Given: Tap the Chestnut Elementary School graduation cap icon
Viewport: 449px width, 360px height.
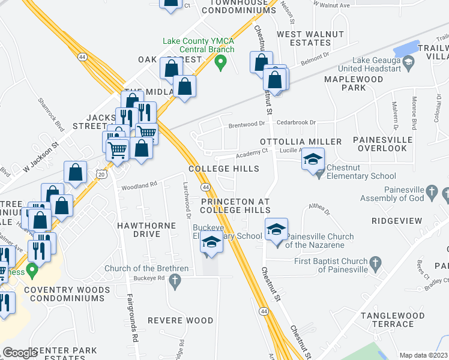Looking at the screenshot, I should [x=313, y=160].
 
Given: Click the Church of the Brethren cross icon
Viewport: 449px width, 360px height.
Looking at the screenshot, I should [x=175, y=280].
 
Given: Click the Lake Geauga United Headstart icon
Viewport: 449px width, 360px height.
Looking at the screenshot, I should [x=408, y=61].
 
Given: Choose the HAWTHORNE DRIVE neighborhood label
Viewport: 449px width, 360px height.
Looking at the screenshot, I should [x=147, y=230].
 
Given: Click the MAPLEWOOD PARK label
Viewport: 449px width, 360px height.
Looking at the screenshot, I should [x=345, y=83].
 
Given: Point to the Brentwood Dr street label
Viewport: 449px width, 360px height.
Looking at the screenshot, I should [x=247, y=124].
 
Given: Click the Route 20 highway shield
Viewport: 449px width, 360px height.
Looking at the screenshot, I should [x=101, y=173].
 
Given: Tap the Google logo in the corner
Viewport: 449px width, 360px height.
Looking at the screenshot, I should [x=20, y=353].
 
